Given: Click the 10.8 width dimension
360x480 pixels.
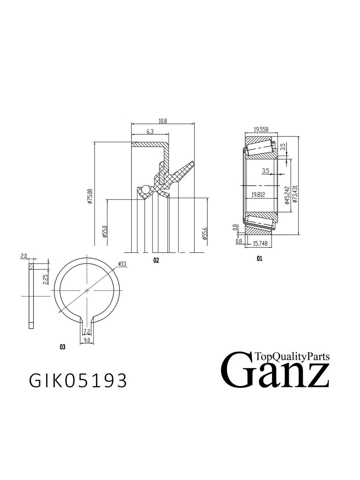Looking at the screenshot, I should tap(163, 121).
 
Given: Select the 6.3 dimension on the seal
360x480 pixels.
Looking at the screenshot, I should tap(150, 132).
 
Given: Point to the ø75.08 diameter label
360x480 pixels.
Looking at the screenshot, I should tap(90, 196).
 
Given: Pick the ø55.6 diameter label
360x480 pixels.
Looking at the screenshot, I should tap(204, 233).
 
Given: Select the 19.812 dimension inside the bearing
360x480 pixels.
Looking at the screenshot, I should tap(258, 195).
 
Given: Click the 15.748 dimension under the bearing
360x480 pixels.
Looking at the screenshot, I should tap(260, 243).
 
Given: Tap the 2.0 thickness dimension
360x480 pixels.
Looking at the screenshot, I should tap(24, 256).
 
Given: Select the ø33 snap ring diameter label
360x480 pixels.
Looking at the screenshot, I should tap(122, 264).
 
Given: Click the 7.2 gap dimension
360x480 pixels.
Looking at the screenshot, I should tap(86, 331).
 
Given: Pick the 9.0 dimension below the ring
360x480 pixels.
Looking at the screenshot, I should tap(87, 340).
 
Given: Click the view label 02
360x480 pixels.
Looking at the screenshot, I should tap(156, 260).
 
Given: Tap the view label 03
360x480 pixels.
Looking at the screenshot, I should tap(63, 347).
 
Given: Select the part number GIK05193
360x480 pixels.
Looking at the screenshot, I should tap(78, 380).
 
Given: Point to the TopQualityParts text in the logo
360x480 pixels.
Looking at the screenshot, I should tap(292, 356).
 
